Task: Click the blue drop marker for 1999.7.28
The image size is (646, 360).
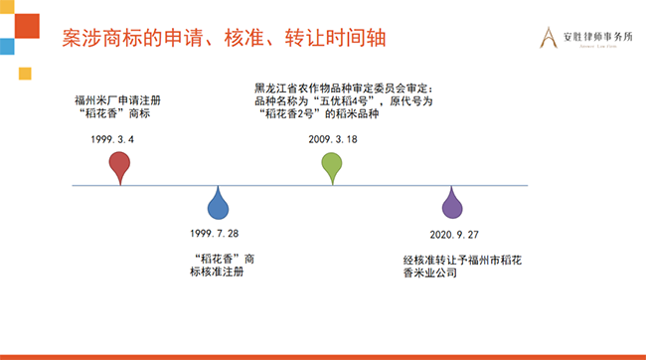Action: point(217,205)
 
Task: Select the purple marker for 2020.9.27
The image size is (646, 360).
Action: point(452,205)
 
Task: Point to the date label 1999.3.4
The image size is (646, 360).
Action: point(111,140)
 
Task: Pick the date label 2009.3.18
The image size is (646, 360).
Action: point(331,139)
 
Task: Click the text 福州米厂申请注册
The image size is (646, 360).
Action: point(117,100)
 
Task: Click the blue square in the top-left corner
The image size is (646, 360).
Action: point(6,46)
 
